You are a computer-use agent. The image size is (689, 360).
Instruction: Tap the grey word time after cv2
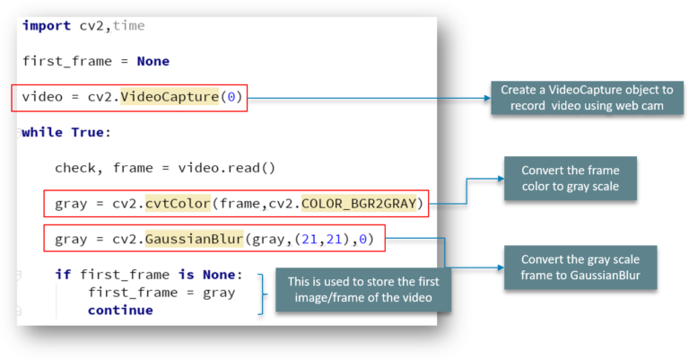128,25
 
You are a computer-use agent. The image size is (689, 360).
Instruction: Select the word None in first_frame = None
153,61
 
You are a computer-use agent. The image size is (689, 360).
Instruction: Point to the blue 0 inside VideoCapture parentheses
231,96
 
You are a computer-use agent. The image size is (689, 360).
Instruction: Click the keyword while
42,132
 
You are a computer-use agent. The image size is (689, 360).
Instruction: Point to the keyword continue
120,311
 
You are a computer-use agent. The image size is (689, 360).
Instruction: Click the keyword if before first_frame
63,275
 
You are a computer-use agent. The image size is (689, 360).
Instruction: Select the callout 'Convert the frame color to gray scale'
571,180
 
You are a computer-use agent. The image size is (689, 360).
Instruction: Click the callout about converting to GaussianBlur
571,267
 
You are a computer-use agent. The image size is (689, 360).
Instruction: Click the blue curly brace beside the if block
261,293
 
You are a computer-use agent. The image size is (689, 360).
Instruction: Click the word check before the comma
74,168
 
